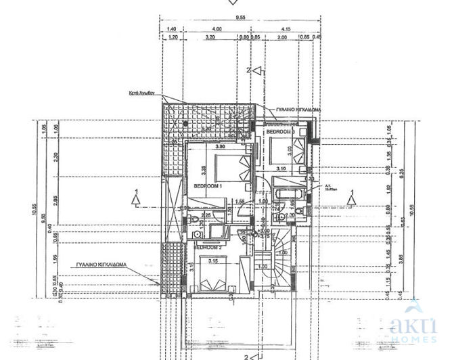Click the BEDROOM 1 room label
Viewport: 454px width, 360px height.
coord(208,185)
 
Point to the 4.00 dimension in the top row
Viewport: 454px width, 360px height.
coord(217,30)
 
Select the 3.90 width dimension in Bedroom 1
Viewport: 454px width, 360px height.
coord(220,146)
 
